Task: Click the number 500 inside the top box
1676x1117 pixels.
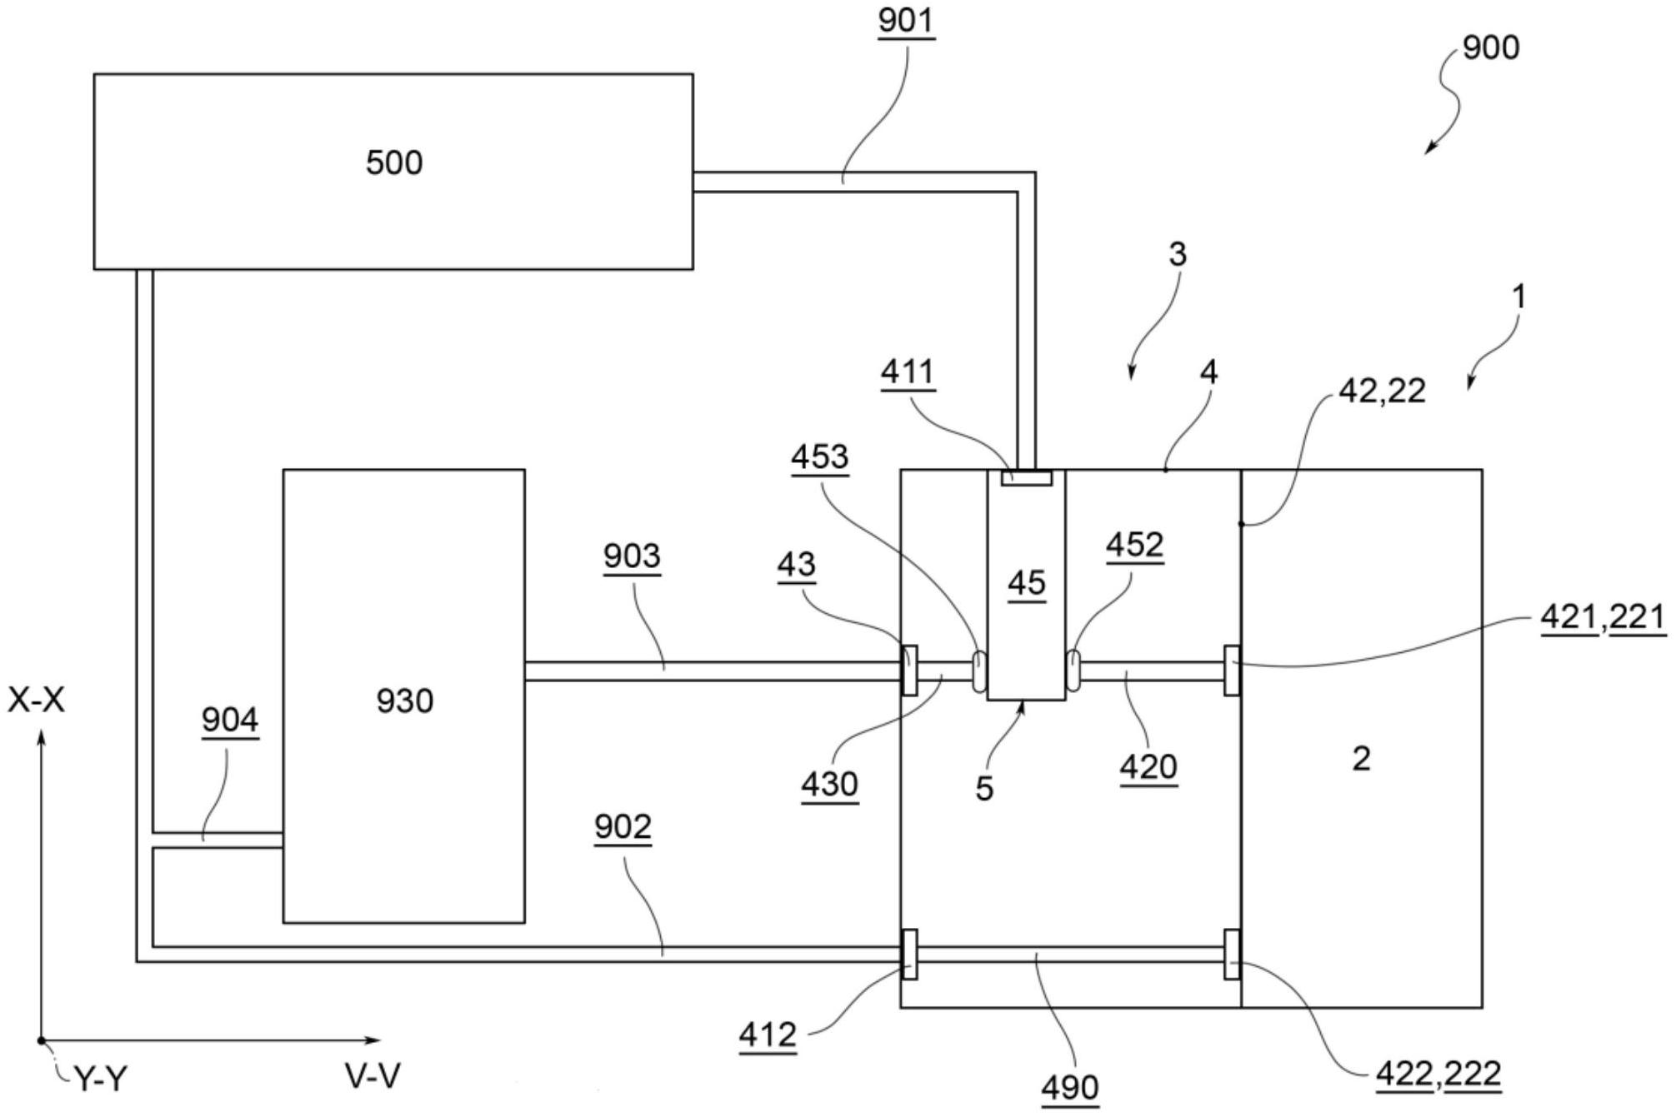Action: tap(394, 162)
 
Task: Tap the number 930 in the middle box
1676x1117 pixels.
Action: tap(404, 701)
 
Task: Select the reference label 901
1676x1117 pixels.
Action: tap(906, 21)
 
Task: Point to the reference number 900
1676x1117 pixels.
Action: tap(1491, 47)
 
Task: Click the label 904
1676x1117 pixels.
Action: tap(230, 720)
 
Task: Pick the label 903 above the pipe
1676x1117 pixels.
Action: tap(632, 556)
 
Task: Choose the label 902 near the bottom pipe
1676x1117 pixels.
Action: tap(623, 826)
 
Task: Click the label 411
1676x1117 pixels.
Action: tap(908, 372)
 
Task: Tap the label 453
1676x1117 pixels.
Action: tap(820, 456)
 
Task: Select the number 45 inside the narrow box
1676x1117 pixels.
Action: tap(1026, 583)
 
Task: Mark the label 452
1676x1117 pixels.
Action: tap(1134, 545)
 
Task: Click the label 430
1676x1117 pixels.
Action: tap(829, 784)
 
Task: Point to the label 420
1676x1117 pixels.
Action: tap(1148, 766)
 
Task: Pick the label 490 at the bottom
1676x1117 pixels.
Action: tap(1070, 1087)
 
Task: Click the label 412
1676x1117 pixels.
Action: tap(768, 1035)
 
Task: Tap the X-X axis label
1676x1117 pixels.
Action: tap(36, 701)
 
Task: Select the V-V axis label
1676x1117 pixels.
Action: tap(373, 1076)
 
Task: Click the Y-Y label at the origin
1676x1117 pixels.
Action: tap(101, 1080)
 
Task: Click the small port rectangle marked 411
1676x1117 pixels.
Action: tap(1026, 478)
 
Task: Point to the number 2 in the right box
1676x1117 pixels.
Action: tap(1361, 758)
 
